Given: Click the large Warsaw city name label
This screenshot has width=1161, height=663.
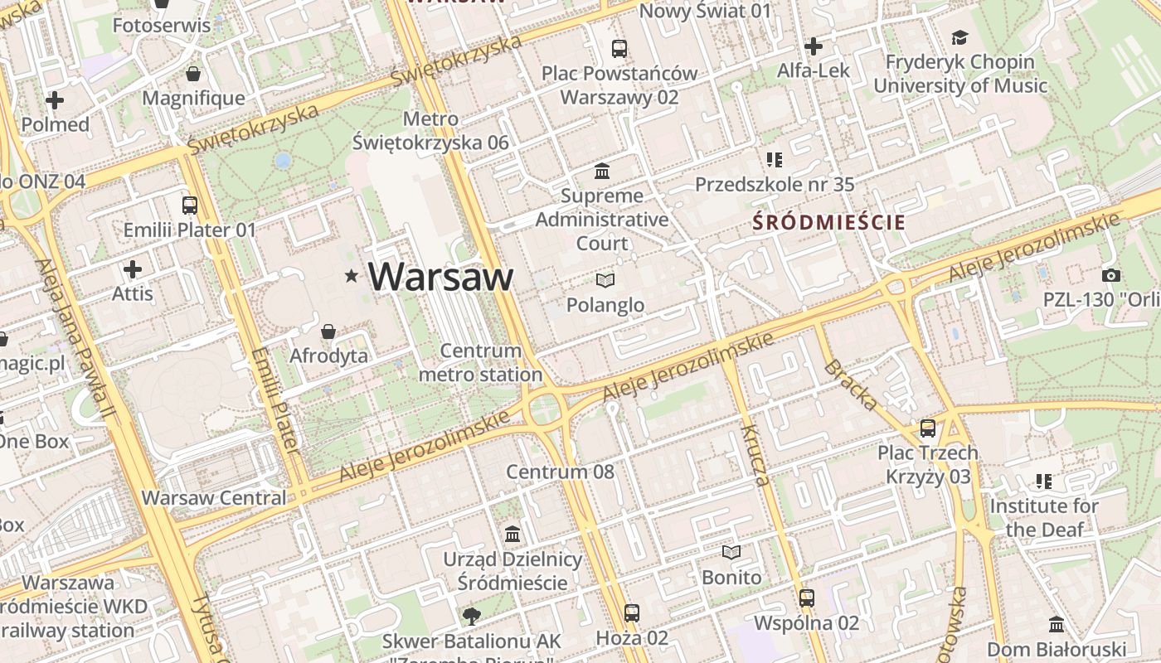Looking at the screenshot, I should pyautogui.click(x=440, y=277).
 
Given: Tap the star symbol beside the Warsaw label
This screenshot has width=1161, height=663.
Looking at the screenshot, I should pyautogui.click(x=352, y=276).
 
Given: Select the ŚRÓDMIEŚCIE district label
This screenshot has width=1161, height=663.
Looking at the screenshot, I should pyautogui.click(x=828, y=222).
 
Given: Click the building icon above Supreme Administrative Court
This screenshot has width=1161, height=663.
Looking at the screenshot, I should pyautogui.click(x=602, y=172).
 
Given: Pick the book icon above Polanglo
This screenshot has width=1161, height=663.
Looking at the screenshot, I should pyautogui.click(x=605, y=281).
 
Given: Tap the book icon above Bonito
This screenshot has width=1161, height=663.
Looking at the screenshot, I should pyautogui.click(x=731, y=553).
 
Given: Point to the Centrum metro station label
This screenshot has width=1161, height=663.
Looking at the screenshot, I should pyautogui.click(x=481, y=363).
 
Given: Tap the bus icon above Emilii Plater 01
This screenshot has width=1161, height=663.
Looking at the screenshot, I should pyautogui.click(x=190, y=205).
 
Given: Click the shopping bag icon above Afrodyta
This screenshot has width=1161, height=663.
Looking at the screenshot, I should pyautogui.click(x=328, y=331).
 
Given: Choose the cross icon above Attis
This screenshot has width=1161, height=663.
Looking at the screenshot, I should pyautogui.click(x=133, y=269).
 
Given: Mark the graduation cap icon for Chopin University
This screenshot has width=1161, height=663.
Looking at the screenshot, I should pyautogui.click(x=959, y=37).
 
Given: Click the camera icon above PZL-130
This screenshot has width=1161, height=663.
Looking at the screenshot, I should pyautogui.click(x=1110, y=275).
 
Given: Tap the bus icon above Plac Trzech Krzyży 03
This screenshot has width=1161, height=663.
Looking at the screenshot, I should pyautogui.click(x=927, y=428).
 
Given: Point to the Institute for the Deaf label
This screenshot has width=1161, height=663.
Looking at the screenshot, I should pyautogui.click(x=1044, y=517).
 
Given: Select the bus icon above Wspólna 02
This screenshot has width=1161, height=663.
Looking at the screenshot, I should pyautogui.click(x=806, y=598).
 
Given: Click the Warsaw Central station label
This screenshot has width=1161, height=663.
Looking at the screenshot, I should pyautogui.click(x=214, y=498).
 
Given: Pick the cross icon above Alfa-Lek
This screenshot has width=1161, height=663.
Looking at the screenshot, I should pyautogui.click(x=814, y=46).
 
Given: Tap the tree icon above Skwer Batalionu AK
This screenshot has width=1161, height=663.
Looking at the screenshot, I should pyautogui.click(x=471, y=616).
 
